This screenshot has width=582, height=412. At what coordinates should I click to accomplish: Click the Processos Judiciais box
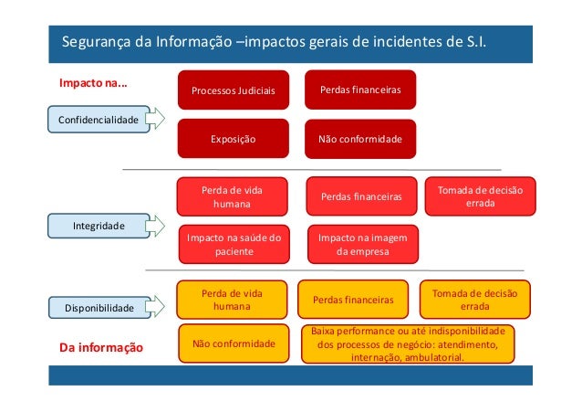coord(233,90)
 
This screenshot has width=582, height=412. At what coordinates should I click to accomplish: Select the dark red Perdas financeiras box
coord(359,90)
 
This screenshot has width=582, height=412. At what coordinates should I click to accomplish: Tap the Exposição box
coord(233,140)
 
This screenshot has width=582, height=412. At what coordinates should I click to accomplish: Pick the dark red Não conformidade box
coord(359,140)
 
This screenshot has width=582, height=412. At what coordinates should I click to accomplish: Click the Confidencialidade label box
coord(99,119)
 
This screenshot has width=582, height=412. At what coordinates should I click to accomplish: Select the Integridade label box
coord(99,223)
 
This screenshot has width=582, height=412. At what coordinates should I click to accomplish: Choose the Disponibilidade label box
coord(99,309)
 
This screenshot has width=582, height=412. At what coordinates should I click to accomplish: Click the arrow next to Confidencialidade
coord(155,119)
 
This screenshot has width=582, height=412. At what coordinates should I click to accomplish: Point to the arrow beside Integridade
coord(155,223)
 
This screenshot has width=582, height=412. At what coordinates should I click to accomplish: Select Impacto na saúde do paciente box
coord(232,243)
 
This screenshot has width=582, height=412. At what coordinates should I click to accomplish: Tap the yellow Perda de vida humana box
coord(232,300)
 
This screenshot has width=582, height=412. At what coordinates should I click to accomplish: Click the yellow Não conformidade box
coord(234,343)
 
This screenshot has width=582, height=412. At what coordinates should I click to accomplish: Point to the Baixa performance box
coord(407,344)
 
